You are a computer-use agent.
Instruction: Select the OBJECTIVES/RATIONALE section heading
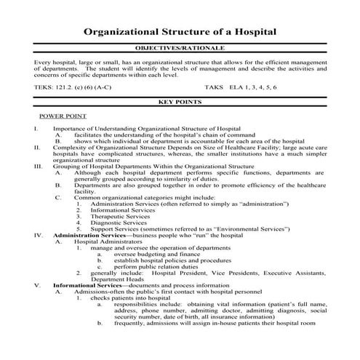pos(179,47)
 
